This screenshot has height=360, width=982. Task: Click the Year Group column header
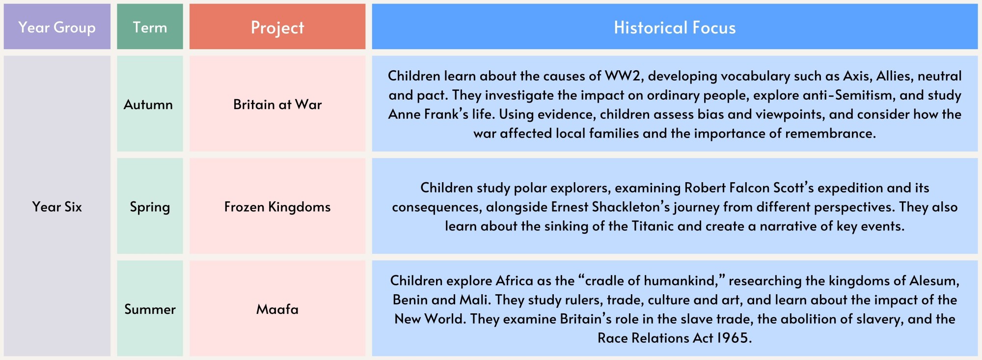pos(57,27)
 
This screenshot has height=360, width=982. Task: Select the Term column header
pos(150,27)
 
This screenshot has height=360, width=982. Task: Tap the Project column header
pos(277,27)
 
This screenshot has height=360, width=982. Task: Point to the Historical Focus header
pos(675,27)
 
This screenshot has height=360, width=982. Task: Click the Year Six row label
pos(57,206)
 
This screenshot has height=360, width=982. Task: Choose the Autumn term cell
pos(150,104)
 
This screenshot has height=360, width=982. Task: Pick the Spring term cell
pos(150,206)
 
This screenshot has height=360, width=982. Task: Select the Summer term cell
pos(150,308)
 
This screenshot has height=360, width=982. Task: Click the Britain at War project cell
pos(277,104)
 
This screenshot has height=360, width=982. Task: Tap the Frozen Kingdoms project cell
pos(277,206)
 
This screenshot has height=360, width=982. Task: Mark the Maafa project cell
pos(277,308)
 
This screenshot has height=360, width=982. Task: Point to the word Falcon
pos(751,188)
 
